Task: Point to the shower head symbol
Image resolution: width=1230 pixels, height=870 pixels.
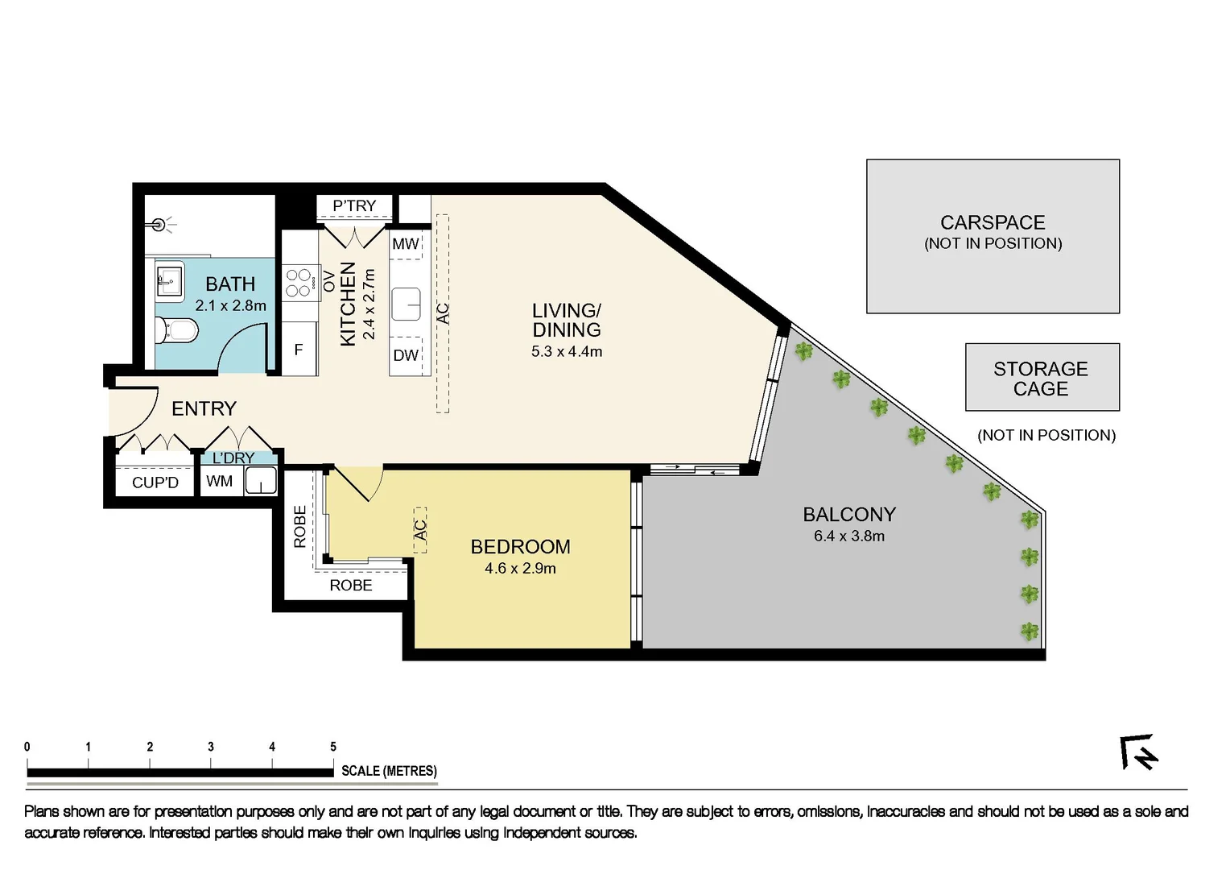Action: point(160,226)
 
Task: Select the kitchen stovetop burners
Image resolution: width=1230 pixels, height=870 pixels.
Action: point(299,283)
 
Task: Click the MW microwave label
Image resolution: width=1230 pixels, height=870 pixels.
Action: point(406,244)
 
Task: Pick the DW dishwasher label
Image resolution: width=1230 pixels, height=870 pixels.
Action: point(406,355)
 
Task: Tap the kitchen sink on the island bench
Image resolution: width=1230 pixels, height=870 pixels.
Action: point(407,305)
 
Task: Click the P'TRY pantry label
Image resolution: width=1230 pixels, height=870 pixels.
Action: point(354,206)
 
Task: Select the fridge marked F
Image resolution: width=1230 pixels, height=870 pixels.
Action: point(299,350)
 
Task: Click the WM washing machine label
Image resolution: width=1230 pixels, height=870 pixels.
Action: point(219,482)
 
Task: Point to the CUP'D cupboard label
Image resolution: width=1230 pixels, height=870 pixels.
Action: point(155,483)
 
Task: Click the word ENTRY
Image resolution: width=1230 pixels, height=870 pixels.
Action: point(204,409)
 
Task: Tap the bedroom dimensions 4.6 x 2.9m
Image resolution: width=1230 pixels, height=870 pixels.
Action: point(520,569)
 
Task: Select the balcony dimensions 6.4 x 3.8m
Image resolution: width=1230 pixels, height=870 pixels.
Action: point(848,536)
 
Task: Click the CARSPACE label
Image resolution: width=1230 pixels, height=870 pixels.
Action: point(993,223)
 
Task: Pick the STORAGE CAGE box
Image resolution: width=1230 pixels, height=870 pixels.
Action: point(1042,378)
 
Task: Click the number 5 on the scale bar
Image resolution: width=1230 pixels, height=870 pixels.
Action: point(333,748)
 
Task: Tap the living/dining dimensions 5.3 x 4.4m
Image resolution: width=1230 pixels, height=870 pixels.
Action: point(567,352)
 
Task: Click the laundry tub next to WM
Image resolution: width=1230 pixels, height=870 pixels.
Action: point(260,482)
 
